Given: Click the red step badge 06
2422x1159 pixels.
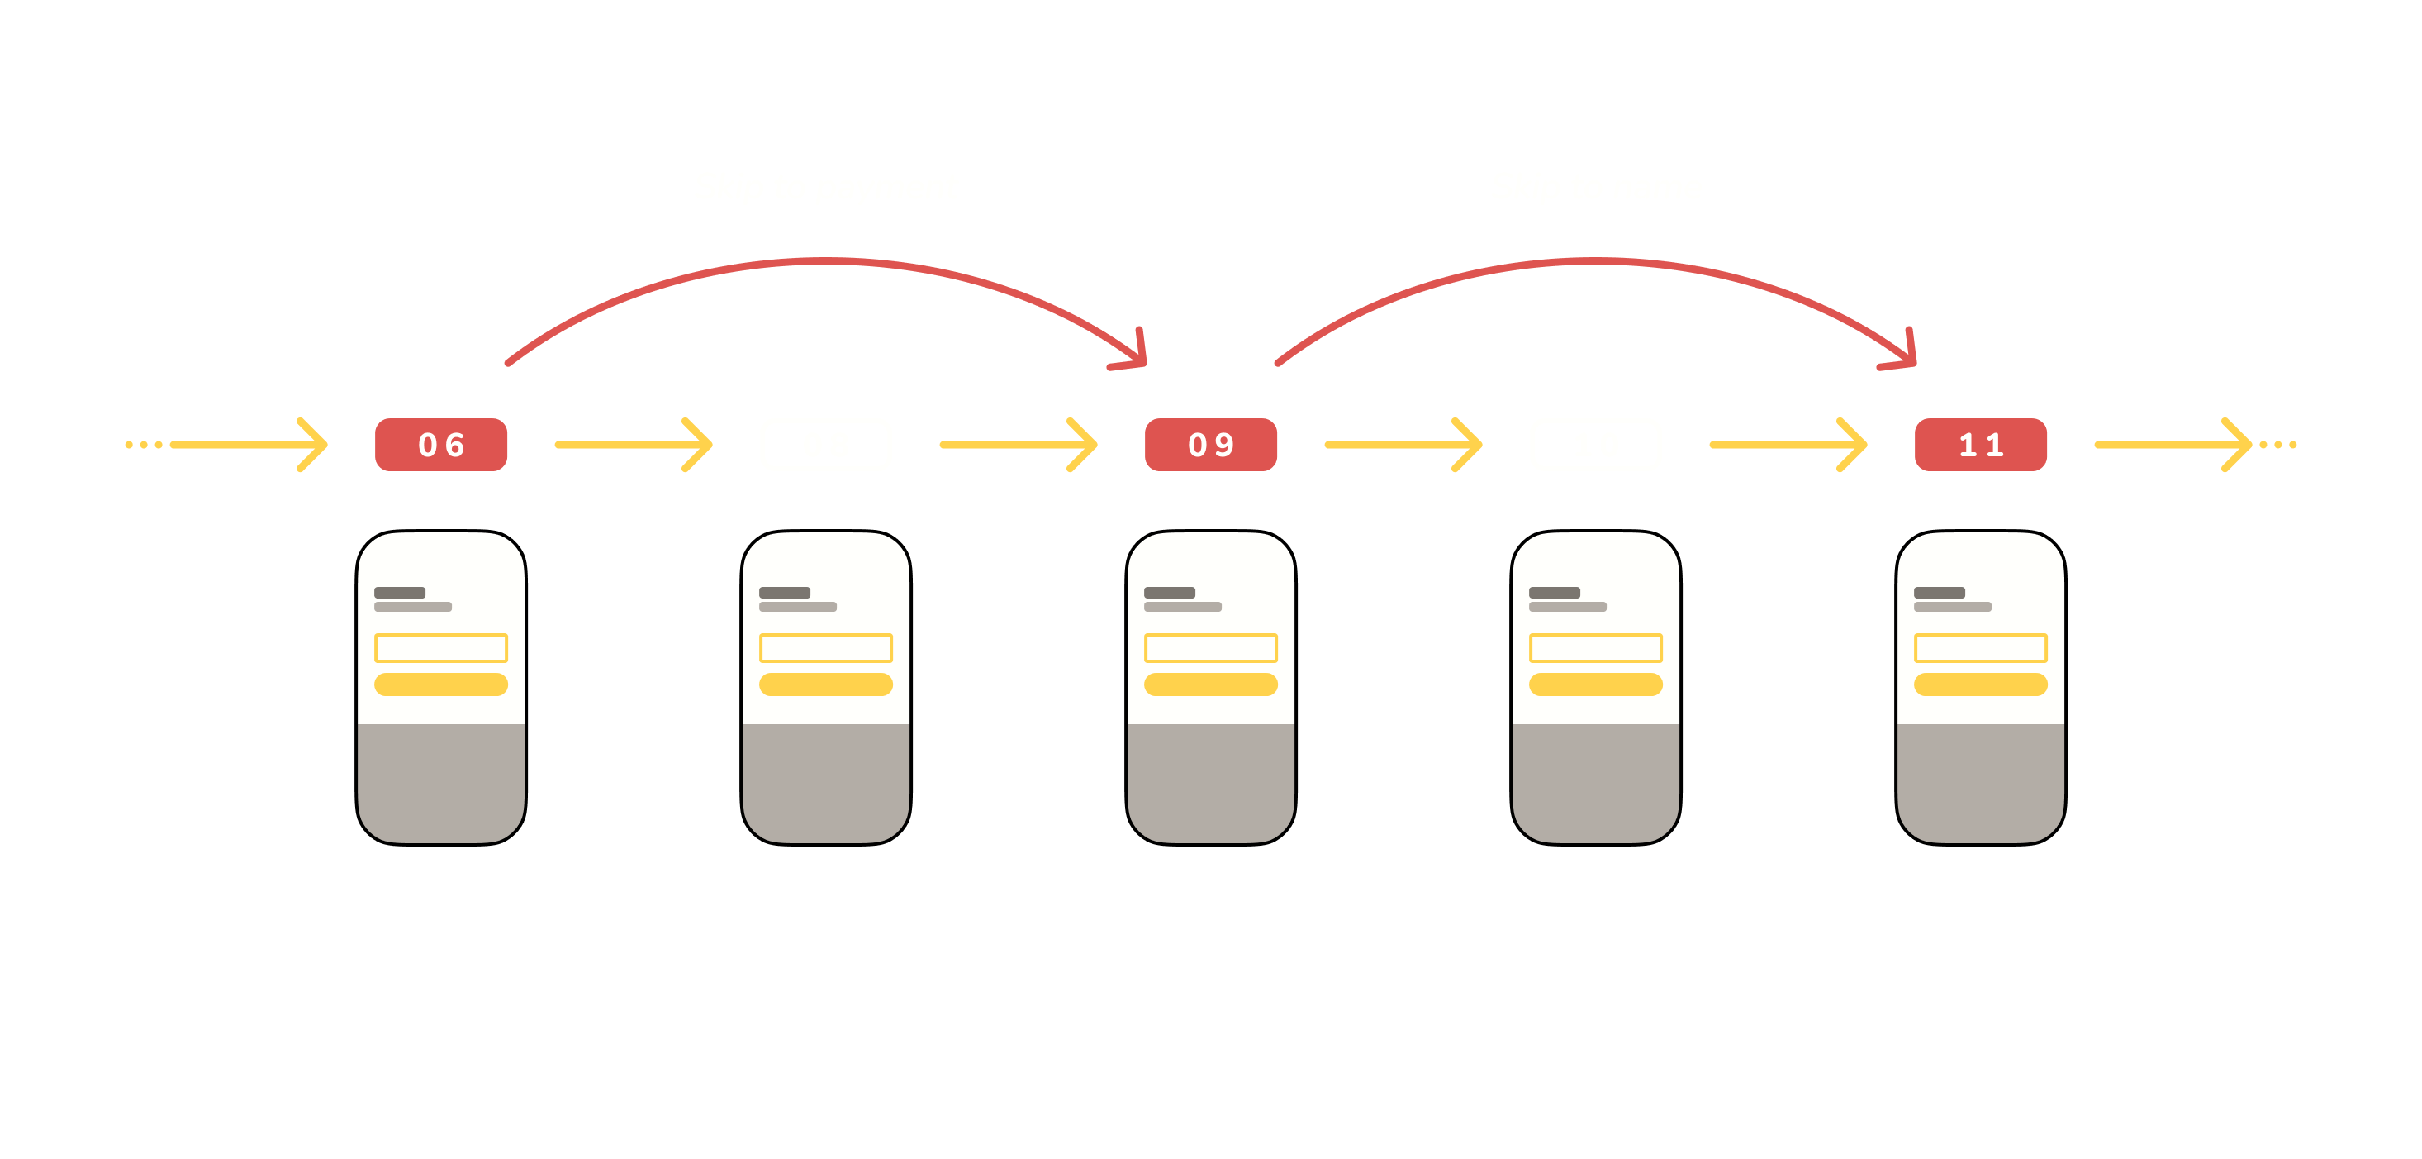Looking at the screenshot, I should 441,445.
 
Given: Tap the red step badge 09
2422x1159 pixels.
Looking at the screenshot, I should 1210,445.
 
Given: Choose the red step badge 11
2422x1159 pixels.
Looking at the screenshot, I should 1980,445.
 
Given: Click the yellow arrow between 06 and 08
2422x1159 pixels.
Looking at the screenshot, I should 634,445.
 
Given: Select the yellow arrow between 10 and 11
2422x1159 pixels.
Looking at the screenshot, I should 1788,445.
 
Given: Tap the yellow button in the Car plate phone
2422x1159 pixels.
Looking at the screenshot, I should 441,684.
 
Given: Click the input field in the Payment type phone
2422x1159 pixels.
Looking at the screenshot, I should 1210,648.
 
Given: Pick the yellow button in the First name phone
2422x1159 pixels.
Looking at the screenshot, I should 1980,684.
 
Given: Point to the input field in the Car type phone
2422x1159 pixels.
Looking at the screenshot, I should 825,648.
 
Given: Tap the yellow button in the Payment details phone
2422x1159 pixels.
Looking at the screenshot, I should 1596,684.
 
